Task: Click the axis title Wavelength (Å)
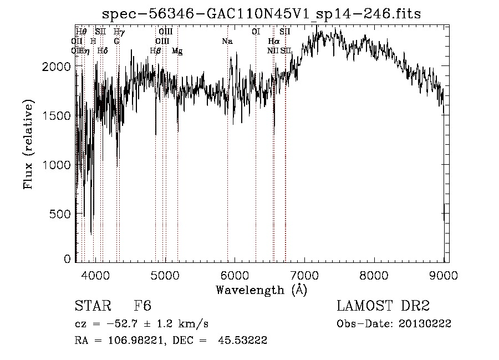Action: pos(261,290)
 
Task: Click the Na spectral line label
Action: pos(227,42)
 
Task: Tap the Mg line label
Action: pos(177,51)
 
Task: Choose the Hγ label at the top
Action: pos(119,32)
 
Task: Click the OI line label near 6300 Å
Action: pos(256,32)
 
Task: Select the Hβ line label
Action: pos(155,51)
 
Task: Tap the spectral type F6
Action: pos(142,307)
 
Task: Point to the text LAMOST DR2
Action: pos(383,307)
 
